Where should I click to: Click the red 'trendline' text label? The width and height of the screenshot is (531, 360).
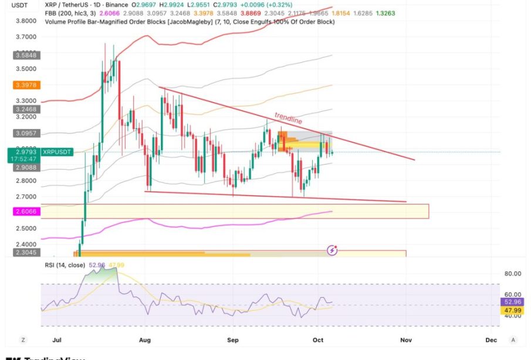289,117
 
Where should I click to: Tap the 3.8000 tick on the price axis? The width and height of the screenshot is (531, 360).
25,21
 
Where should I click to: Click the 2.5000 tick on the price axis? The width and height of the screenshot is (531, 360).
25,229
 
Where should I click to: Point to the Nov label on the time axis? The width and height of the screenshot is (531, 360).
405,339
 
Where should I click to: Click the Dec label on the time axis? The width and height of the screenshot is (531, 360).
491,339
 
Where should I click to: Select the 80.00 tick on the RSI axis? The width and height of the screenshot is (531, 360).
513,274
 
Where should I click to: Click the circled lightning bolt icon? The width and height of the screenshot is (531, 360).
332,250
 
